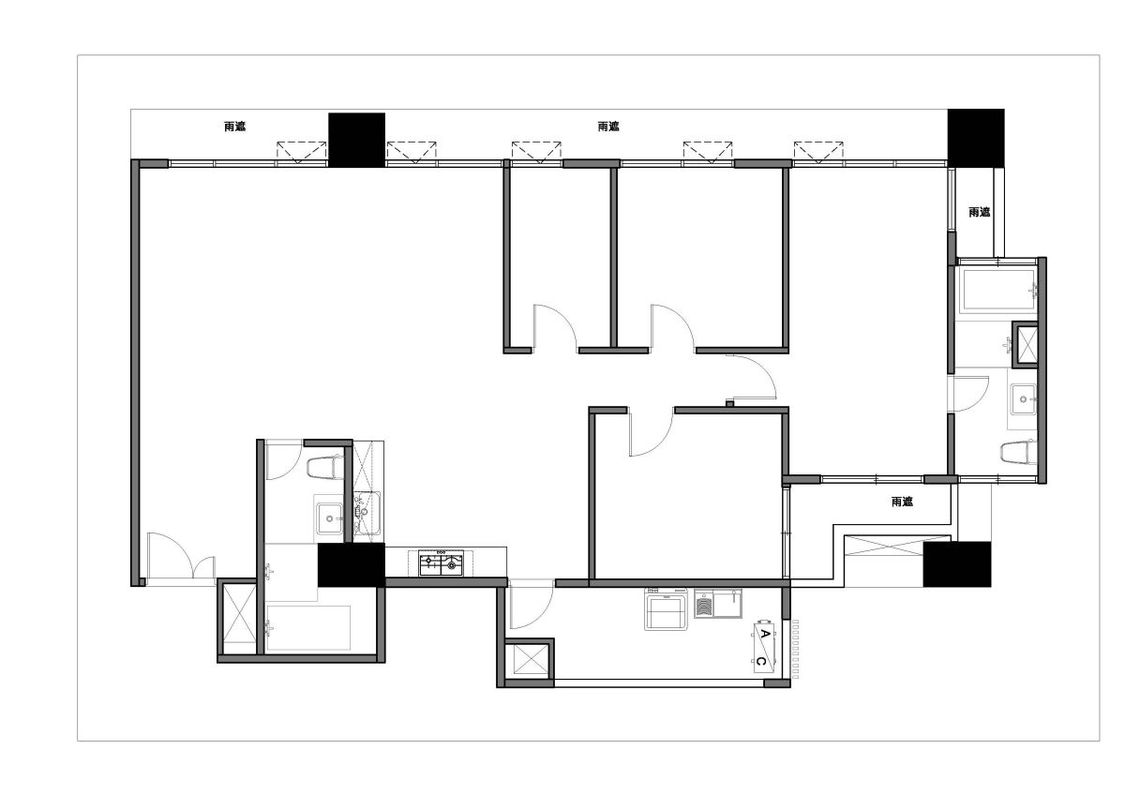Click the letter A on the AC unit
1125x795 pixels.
[765, 634]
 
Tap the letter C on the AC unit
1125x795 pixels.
[761, 661]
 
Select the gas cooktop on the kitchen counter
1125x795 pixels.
[442, 563]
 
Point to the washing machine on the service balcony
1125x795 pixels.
[666, 608]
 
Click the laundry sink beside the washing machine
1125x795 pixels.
[718, 603]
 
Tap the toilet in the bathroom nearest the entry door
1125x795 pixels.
[324, 467]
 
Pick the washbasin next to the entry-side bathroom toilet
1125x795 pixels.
[329, 517]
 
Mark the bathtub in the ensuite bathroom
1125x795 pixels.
[997, 292]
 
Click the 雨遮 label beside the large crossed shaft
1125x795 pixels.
[902, 502]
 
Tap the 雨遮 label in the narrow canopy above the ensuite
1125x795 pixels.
[980, 212]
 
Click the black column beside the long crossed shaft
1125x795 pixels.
[957, 564]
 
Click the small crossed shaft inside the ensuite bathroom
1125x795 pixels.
[1025, 344]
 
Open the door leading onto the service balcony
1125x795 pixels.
[532, 604]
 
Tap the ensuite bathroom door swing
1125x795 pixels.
[968, 395]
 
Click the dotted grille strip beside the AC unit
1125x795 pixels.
[795, 650]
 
